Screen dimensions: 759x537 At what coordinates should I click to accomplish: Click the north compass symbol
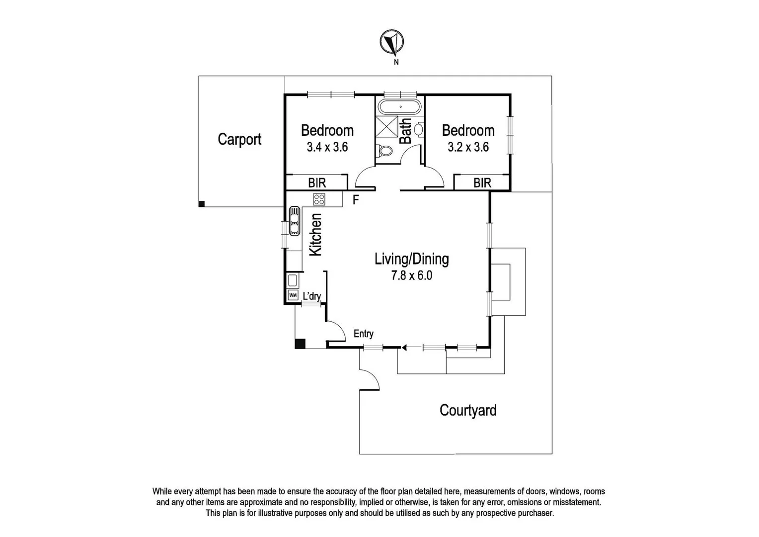(391, 42)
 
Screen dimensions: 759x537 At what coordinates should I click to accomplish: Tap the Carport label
(239, 139)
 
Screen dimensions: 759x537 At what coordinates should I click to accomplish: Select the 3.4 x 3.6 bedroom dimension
(327, 147)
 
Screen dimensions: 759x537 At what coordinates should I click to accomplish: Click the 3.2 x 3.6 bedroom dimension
(468, 147)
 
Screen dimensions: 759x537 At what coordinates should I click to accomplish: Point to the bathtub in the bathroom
(400, 107)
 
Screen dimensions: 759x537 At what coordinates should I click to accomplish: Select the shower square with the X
(387, 125)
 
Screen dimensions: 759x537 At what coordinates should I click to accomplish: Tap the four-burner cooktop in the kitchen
(319, 199)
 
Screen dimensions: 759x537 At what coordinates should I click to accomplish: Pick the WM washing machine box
(293, 295)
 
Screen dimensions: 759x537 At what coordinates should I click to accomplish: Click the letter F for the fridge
(356, 200)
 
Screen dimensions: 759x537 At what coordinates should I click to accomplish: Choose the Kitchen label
(315, 235)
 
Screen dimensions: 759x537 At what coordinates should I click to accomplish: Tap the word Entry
(363, 334)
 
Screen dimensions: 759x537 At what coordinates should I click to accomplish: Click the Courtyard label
(468, 411)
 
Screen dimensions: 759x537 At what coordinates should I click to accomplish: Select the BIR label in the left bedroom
(317, 183)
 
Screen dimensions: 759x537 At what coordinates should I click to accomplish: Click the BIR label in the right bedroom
(482, 183)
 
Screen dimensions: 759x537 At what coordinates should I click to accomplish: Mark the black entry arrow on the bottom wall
(404, 348)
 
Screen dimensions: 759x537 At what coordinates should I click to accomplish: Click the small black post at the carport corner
(201, 204)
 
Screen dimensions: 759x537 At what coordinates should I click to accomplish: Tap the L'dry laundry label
(311, 297)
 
